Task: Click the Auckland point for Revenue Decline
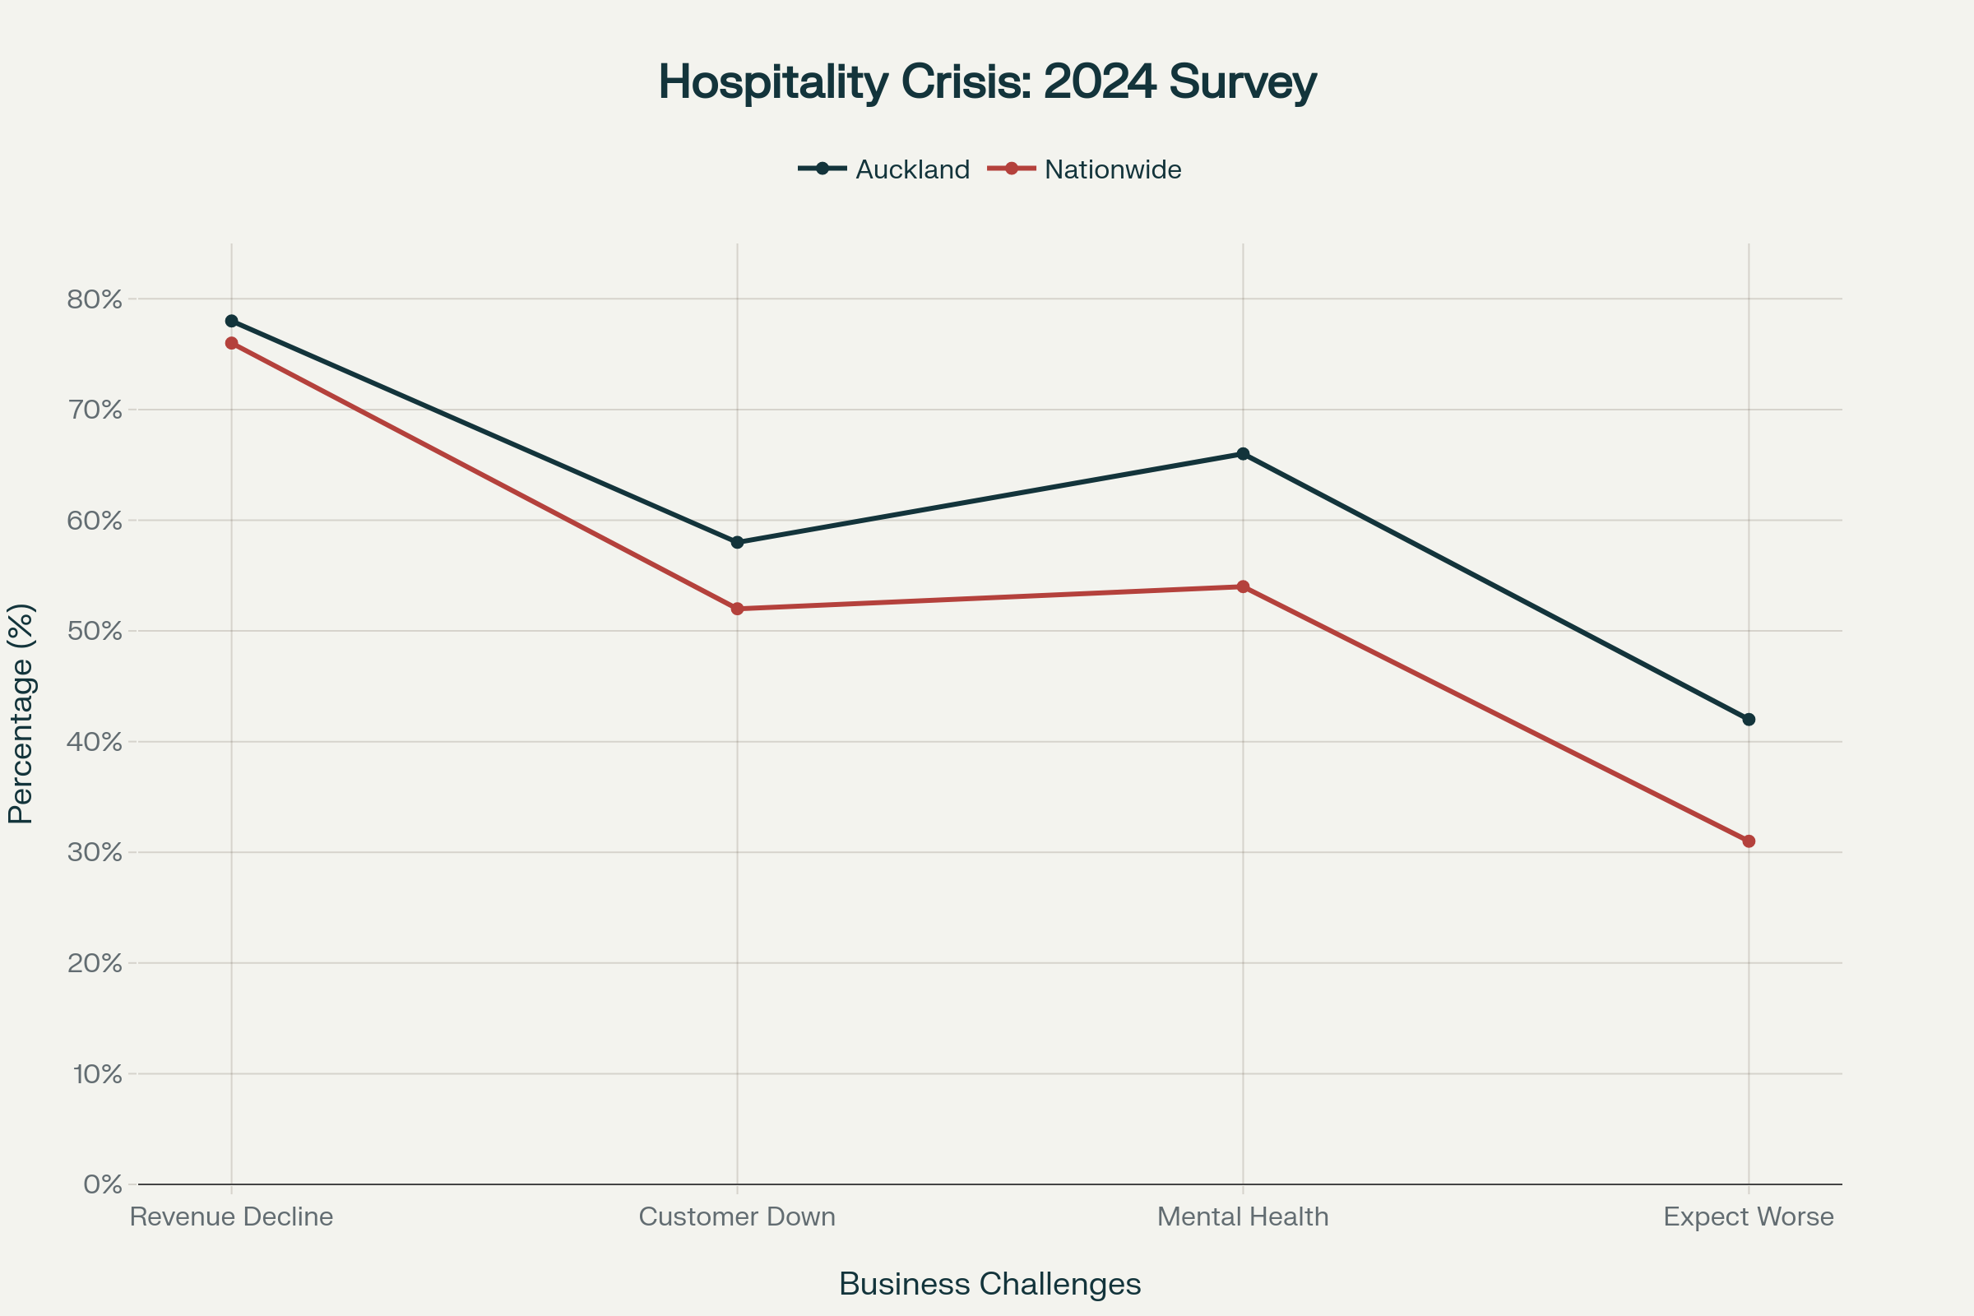click(x=232, y=322)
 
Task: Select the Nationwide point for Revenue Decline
click(x=232, y=343)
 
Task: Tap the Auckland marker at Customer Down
click(x=737, y=542)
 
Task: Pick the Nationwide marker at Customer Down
click(x=737, y=609)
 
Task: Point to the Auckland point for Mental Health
click(x=1243, y=454)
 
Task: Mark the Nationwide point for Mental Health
click(x=1243, y=586)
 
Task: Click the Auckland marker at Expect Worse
click(x=1749, y=719)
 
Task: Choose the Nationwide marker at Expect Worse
click(x=1749, y=841)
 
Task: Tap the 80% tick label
click(x=94, y=299)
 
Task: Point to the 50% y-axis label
click(x=94, y=631)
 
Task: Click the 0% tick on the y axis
click(x=102, y=1184)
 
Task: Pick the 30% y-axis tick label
click(x=94, y=853)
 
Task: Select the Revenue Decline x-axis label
click(x=232, y=1217)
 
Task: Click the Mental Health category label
click(x=1243, y=1217)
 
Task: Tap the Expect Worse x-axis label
click(x=1749, y=1217)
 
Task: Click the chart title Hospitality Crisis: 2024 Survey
click(x=987, y=82)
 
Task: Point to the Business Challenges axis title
click(x=989, y=1284)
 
